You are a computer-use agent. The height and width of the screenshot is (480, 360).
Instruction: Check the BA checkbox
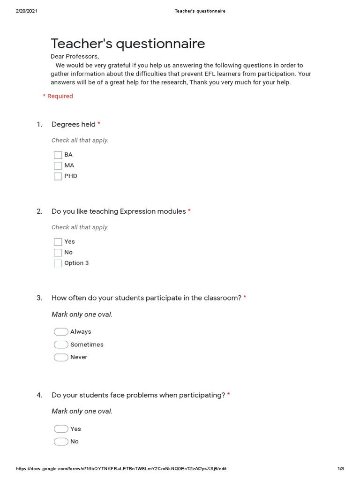[x=58, y=155]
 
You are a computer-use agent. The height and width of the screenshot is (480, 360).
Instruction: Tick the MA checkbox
[x=58, y=165]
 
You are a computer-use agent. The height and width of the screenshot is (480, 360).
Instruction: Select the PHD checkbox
[x=58, y=176]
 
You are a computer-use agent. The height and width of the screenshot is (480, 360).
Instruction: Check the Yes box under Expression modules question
[x=58, y=242]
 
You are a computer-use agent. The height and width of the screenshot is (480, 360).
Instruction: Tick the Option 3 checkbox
[x=58, y=263]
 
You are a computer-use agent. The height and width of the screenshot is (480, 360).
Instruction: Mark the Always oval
[x=61, y=332]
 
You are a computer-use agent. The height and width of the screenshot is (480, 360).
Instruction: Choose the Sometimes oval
[x=61, y=345]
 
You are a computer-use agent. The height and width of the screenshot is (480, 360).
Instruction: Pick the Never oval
[x=61, y=357]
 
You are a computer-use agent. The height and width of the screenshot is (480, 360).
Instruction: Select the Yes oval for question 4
[x=61, y=429]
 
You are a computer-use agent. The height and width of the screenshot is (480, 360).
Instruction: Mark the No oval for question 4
[x=61, y=442]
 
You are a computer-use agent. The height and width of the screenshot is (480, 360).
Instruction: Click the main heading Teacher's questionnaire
[x=128, y=44]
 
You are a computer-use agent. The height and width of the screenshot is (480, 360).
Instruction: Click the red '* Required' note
[x=58, y=96]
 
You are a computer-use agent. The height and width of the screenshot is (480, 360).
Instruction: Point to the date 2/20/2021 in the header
[x=26, y=11]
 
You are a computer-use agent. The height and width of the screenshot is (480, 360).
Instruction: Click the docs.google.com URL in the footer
[x=121, y=469]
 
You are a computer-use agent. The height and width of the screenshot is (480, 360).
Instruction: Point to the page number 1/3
[x=341, y=469]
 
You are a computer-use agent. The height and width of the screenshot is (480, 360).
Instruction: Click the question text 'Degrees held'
[x=73, y=124]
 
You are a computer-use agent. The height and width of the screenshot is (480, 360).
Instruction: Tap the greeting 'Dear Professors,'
[x=75, y=57]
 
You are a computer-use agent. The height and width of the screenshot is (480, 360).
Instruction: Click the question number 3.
[x=39, y=298]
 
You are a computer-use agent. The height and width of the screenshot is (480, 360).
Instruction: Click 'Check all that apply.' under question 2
[x=80, y=227]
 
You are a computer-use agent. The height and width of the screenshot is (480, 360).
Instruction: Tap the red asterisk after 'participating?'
[x=229, y=395]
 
